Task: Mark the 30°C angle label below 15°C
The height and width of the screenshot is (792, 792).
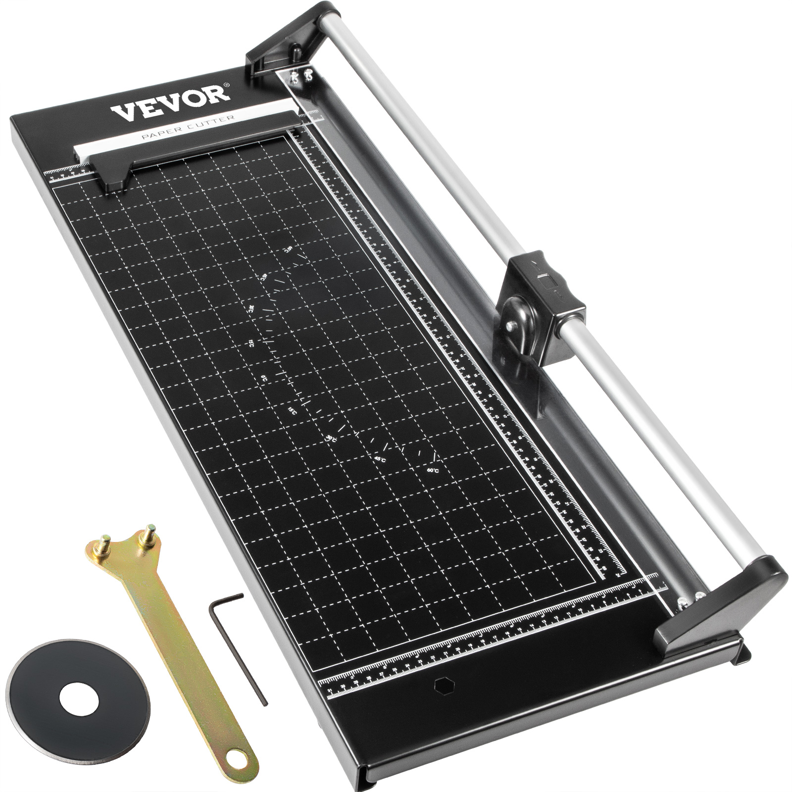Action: coord(331,439)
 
